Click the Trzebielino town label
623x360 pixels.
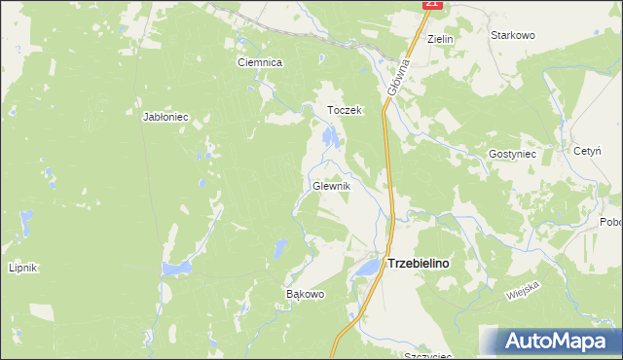(424, 263)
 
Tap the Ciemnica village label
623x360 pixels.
(260, 62)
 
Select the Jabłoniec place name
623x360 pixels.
(165, 117)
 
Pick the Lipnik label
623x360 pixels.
(21, 269)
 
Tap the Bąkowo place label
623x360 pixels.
(304, 293)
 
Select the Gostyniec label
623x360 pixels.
(512, 155)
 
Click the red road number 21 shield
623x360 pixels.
(433, 5)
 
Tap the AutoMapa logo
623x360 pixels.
(551, 342)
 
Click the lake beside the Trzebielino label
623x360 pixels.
(368, 267)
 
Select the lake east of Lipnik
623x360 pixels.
(178, 267)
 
